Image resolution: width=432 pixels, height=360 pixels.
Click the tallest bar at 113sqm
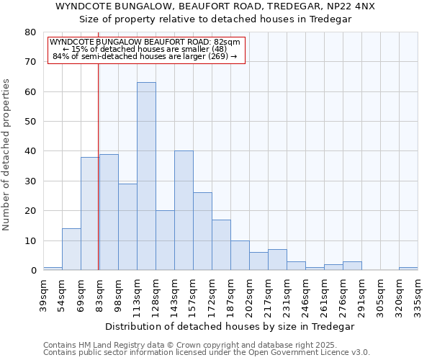click(x=146, y=176)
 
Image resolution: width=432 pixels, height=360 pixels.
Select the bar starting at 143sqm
click(x=184, y=210)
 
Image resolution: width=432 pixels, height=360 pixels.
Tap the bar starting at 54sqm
click(x=71, y=249)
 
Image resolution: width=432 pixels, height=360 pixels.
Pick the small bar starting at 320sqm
click(x=408, y=269)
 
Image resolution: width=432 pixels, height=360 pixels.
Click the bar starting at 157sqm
click(x=202, y=231)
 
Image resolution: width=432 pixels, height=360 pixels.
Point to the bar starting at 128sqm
click(x=165, y=240)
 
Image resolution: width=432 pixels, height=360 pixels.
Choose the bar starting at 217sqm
click(x=277, y=260)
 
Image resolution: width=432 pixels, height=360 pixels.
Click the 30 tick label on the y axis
click(x=30, y=181)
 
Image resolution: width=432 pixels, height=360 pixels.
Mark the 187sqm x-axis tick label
click(x=230, y=294)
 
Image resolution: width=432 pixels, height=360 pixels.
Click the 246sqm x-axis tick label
click(x=305, y=294)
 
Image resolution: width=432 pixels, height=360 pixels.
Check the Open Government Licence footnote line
click(x=207, y=353)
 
